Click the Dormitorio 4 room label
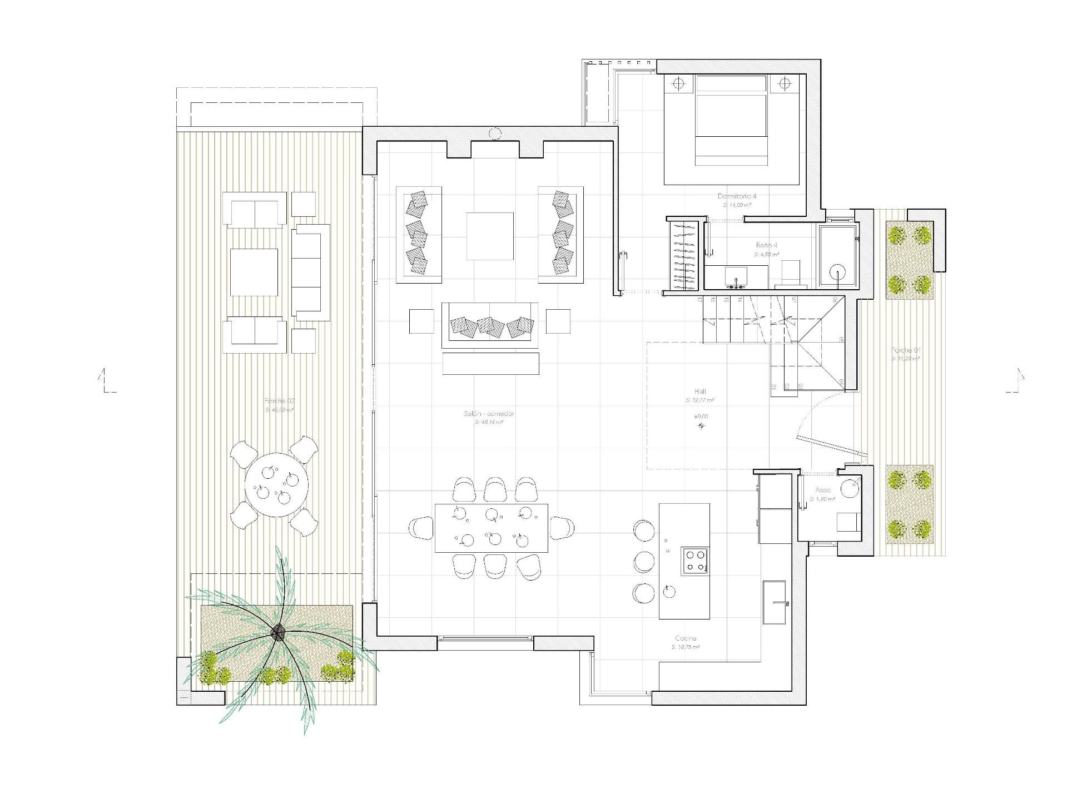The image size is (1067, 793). click(x=737, y=196)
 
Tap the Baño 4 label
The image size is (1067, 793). click(x=766, y=245)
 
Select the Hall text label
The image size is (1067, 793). click(x=700, y=391)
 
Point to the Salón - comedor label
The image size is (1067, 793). click(x=489, y=414)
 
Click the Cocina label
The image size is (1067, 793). click(x=686, y=638)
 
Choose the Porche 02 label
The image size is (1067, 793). click(x=280, y=401)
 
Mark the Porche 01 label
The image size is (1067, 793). click(x=906, y=350)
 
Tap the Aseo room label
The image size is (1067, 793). click(x=823, y=490)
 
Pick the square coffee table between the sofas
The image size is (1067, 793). click(x=489, y=236)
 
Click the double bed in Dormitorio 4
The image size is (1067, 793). click(x=731, y=121)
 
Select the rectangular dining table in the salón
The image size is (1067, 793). click(x=491, y=528)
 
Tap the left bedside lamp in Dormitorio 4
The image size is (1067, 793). click(x=678, y=85)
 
